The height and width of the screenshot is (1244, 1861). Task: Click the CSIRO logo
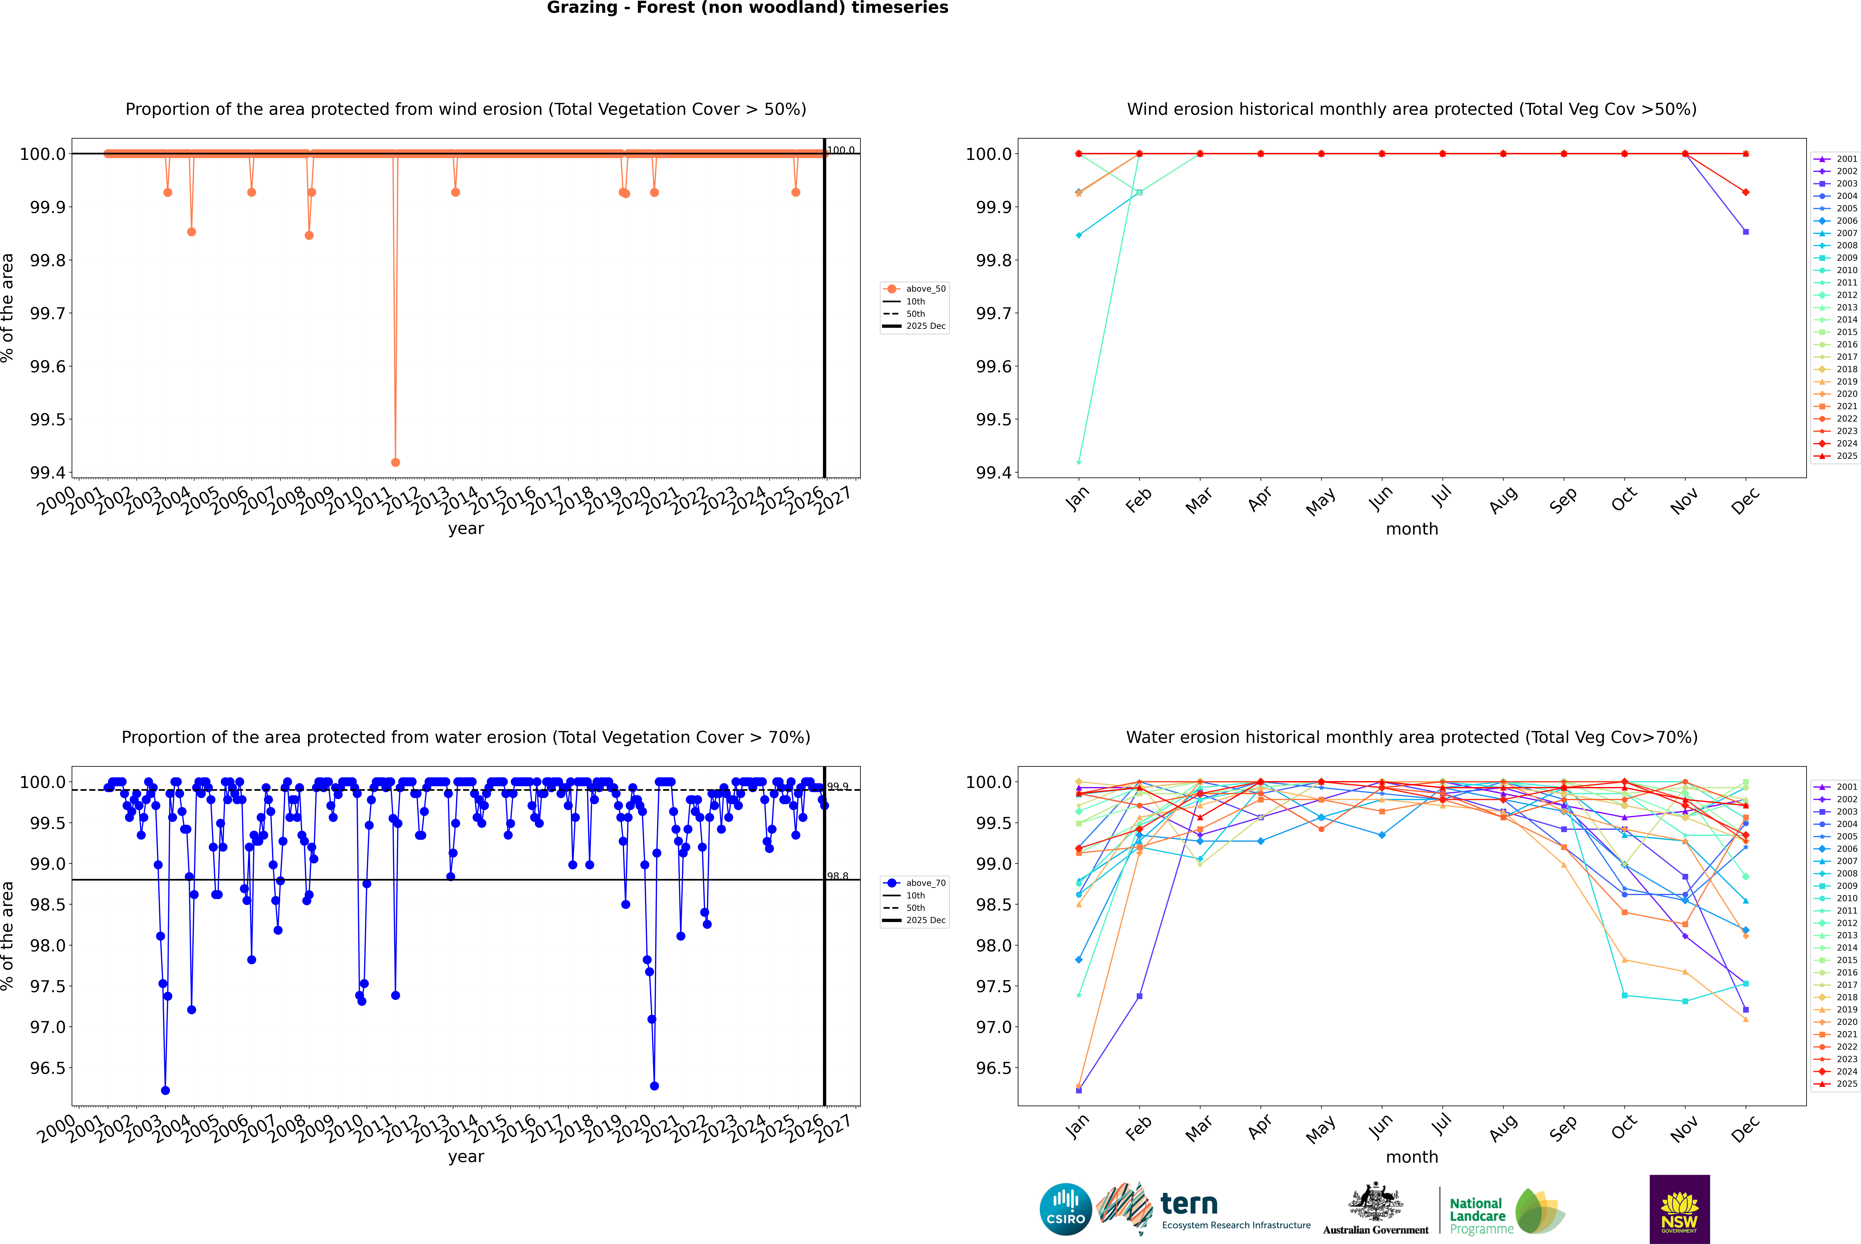(1065, 1209)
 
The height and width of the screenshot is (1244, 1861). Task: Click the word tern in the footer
(1188, 1204)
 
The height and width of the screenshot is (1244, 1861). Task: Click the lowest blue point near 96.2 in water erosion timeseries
(165, 1090)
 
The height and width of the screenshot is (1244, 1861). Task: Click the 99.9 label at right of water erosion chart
(838, 786)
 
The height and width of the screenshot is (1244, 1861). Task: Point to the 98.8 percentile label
(838, 876)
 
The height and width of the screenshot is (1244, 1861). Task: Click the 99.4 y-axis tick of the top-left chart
(48, 473)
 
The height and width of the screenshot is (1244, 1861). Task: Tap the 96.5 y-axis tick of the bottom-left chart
(48, 1068)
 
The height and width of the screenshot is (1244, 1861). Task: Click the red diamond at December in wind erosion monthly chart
(1745, 192)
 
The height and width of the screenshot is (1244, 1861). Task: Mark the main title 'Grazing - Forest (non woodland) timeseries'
(747, 8)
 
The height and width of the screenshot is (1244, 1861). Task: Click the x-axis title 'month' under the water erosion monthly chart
(1411, 1157)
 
